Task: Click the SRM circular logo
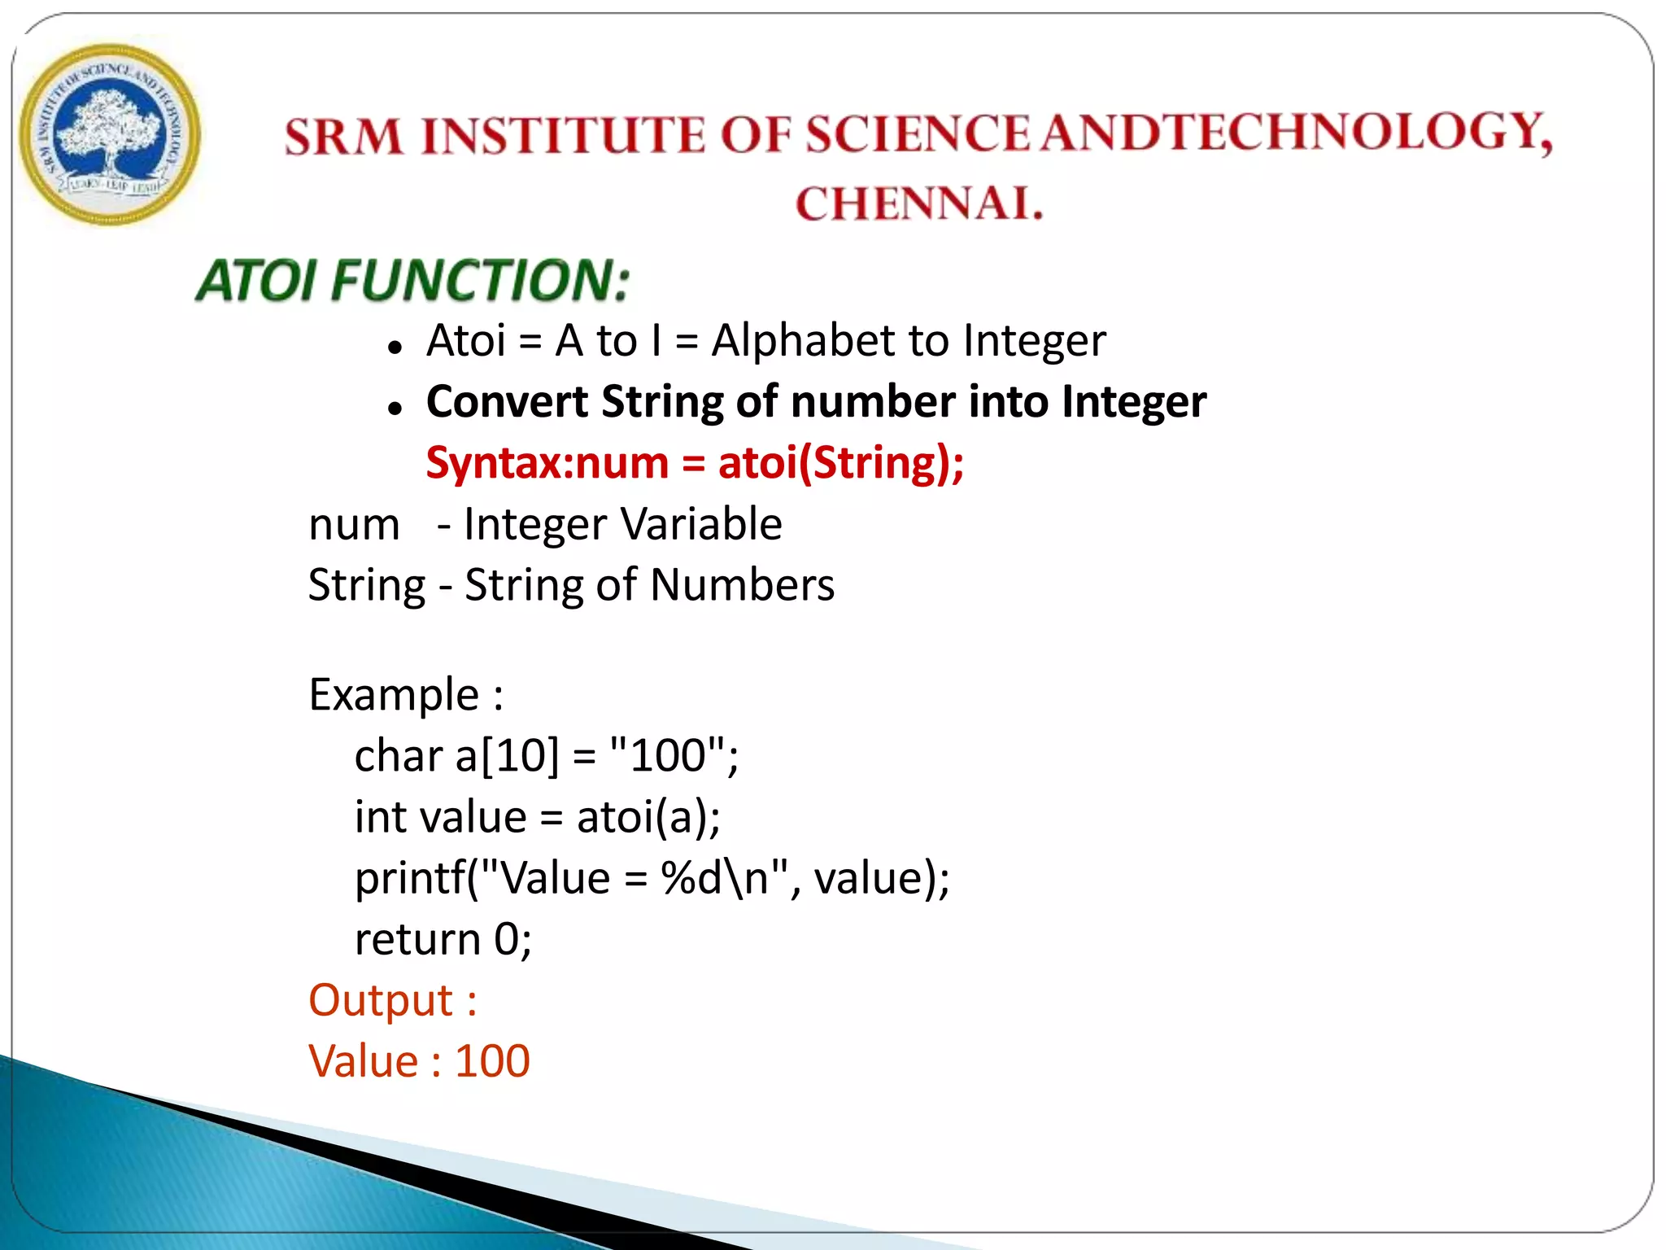(x=110, y=135)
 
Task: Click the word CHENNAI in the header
(x=918, y=203)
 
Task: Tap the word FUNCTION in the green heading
(x=480, y=280)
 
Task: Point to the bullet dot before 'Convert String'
(x=395, y=409)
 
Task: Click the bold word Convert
(x=507, y=402)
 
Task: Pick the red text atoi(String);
(x=840, y=463)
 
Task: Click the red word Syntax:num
(x=547, y=463)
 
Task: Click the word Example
(x=394, y=695)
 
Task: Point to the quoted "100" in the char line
(x=667, y=754)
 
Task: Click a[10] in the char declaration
(x=507, y=756)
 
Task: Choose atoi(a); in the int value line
(x=648, y=817)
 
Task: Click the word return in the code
(x=417, y=939)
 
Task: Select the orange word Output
(x=381, y=1000)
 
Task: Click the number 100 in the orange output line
(x=492, y=1061)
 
